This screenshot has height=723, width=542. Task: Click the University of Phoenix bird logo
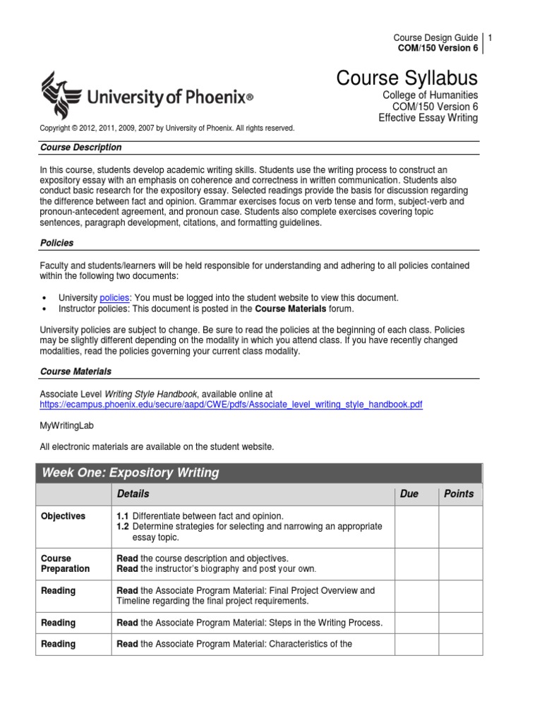(59, 95)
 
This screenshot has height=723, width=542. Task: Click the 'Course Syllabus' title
(406, 78)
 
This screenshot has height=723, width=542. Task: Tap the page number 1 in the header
(490, 37)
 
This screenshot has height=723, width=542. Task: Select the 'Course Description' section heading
(80, 148)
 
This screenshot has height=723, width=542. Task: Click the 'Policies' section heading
(56, 243)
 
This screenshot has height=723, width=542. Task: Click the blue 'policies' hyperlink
(114, 298)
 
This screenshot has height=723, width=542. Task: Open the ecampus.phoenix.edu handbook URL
(231, 405)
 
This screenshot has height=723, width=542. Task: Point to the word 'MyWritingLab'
(66, 426)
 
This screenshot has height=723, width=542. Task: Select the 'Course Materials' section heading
(76, 371)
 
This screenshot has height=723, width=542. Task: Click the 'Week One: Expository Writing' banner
(131, 473)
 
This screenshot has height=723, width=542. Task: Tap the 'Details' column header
(133, 494)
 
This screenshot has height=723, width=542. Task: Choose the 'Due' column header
(409, 494)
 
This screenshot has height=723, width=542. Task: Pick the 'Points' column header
(459, 494)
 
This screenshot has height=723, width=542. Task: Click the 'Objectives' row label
(63, 516)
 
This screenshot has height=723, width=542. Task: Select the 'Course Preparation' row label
(66, 563)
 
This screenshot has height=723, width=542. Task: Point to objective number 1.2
(123, 527)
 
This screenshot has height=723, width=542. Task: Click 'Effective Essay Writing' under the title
(428, 118)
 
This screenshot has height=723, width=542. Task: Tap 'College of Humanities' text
(430, 95)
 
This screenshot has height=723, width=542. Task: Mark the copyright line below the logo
(167, 129)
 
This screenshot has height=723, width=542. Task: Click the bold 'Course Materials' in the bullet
(290, 309)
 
